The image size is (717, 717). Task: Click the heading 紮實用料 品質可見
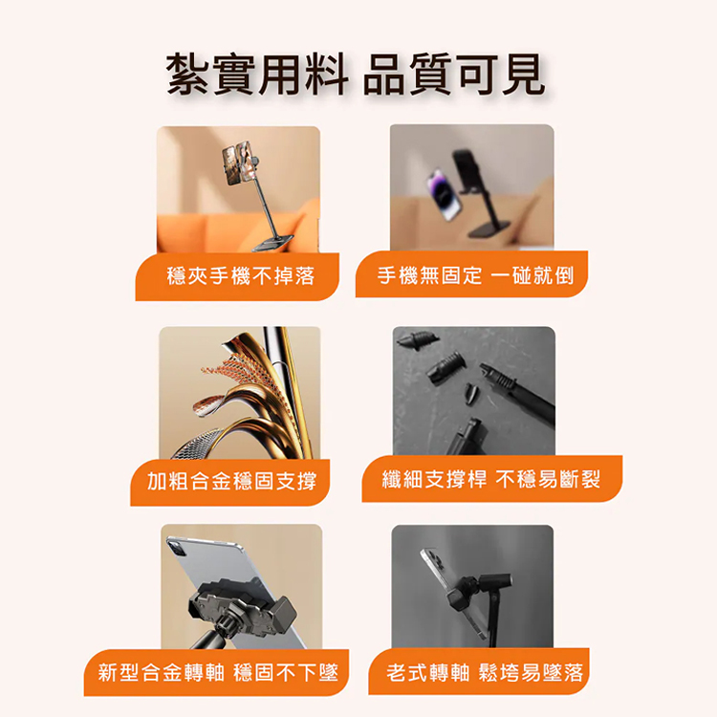click(x=356, y=74)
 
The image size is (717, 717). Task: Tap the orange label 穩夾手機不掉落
click(x=241, y=275)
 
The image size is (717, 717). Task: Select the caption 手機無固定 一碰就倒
click(x=475, y=275)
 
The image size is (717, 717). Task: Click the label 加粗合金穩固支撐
click(x=231, y=482)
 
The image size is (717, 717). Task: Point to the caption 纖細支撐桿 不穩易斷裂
click(x=491, y=479)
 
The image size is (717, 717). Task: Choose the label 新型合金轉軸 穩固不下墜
click(x=218, y=673)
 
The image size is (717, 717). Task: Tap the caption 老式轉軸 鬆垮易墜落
click(x=485, y=673)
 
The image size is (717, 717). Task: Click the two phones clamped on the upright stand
click(x=237, y=162)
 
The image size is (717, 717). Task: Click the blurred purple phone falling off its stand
click(x=443, y=193)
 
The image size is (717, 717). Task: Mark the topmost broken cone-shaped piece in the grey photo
click(x=418, y=339)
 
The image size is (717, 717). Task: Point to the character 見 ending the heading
click(x=524, y=74)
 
